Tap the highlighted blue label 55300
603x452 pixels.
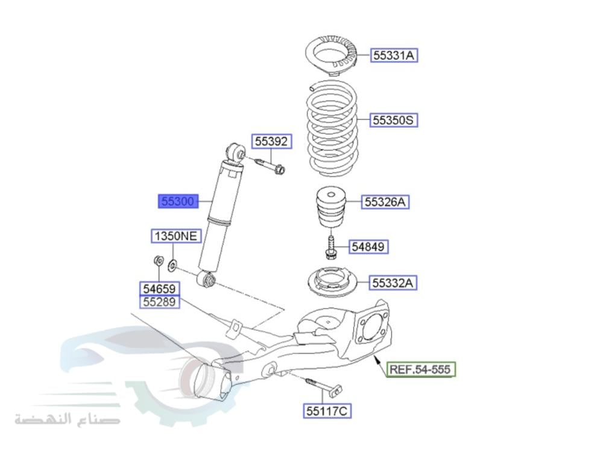pyautogui.click(x=178, y=201)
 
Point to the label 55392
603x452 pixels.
pyautogui.click(x=271, y=142)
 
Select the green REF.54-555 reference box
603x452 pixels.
pyautogui.click(x=421, y=369)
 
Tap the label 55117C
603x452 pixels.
pyautogui.click(x=327, y=411)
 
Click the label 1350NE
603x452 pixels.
pyautogui.click(x=175, y=236)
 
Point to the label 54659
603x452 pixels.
pyautogui.click(x=160, y=289)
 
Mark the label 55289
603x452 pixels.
pyautogui.click(x=160, y=301)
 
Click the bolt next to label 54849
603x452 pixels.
pyautogui.click(x=330, y=247)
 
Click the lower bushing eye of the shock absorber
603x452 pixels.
pyautogui.click(x=206, y=280)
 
